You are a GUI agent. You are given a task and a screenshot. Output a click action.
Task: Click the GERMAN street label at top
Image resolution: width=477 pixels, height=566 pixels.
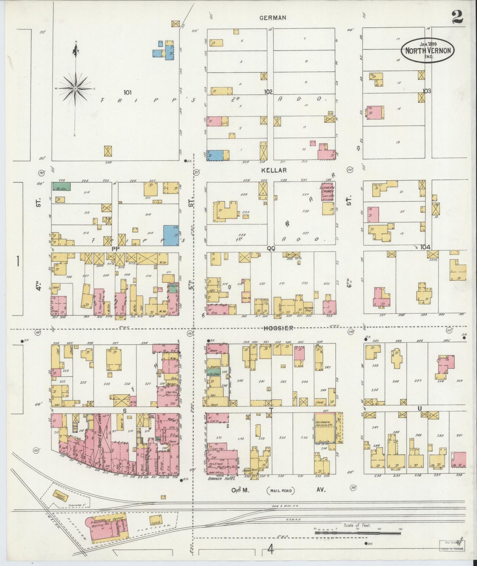(x=272, y=18)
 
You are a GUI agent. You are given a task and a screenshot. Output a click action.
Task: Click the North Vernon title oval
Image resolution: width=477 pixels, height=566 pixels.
(x=428, y=50)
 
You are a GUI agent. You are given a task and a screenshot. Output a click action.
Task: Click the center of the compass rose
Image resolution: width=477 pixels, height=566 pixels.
(x=75, y=88)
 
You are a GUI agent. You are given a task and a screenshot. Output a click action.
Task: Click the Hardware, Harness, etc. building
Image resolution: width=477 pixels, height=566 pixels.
(x=325, y=428)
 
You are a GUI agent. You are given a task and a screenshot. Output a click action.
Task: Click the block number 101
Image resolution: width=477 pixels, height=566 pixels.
(x=127, y=92)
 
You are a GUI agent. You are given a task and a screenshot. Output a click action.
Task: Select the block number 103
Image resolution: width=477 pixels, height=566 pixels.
(x=427, y=91)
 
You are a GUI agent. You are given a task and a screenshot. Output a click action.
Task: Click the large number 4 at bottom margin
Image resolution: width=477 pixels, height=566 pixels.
(x=271, y=550)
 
